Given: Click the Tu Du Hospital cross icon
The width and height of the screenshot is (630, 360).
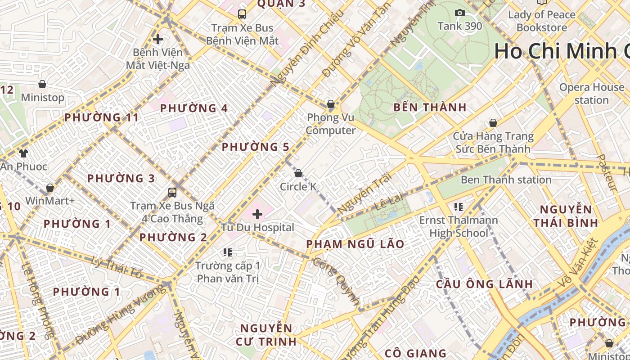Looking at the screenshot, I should [x=257, y=214].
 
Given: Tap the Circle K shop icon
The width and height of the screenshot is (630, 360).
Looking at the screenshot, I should [x=298, y=173].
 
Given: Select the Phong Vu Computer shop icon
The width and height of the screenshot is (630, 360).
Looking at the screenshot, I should [x=331, y=104].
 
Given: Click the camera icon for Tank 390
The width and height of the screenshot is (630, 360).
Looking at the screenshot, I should [x=459, y=13].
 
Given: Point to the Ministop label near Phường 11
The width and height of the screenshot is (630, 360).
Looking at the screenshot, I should [x=43, y=97].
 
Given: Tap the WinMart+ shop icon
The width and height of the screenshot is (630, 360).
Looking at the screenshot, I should [x=50, y=187].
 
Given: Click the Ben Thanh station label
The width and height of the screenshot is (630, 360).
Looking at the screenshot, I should [x=506, y=180].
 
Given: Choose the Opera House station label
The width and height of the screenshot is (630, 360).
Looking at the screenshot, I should [x=592, y=93].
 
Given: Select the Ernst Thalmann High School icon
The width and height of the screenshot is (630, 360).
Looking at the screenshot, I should [x=459, y=207].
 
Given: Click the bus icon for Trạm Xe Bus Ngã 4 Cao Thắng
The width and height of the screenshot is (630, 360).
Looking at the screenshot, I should [x=172, y=193].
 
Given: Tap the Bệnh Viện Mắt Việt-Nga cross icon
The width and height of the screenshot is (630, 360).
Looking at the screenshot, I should [x=157, y=39].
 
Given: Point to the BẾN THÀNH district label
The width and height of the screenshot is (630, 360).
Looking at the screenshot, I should [x=430, y=108].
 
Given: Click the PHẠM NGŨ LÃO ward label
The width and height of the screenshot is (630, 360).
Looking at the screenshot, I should [x=355, y=244].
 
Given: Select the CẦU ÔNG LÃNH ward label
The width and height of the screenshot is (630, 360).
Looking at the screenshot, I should [x=484, y=284].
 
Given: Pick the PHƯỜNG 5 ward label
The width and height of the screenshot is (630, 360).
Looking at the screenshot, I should [x=256, y=147].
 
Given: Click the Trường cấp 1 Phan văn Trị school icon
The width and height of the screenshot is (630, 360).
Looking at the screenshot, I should [x=228, y=252].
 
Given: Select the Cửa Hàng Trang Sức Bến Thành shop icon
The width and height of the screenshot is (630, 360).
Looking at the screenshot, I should [x=493, y=123].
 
